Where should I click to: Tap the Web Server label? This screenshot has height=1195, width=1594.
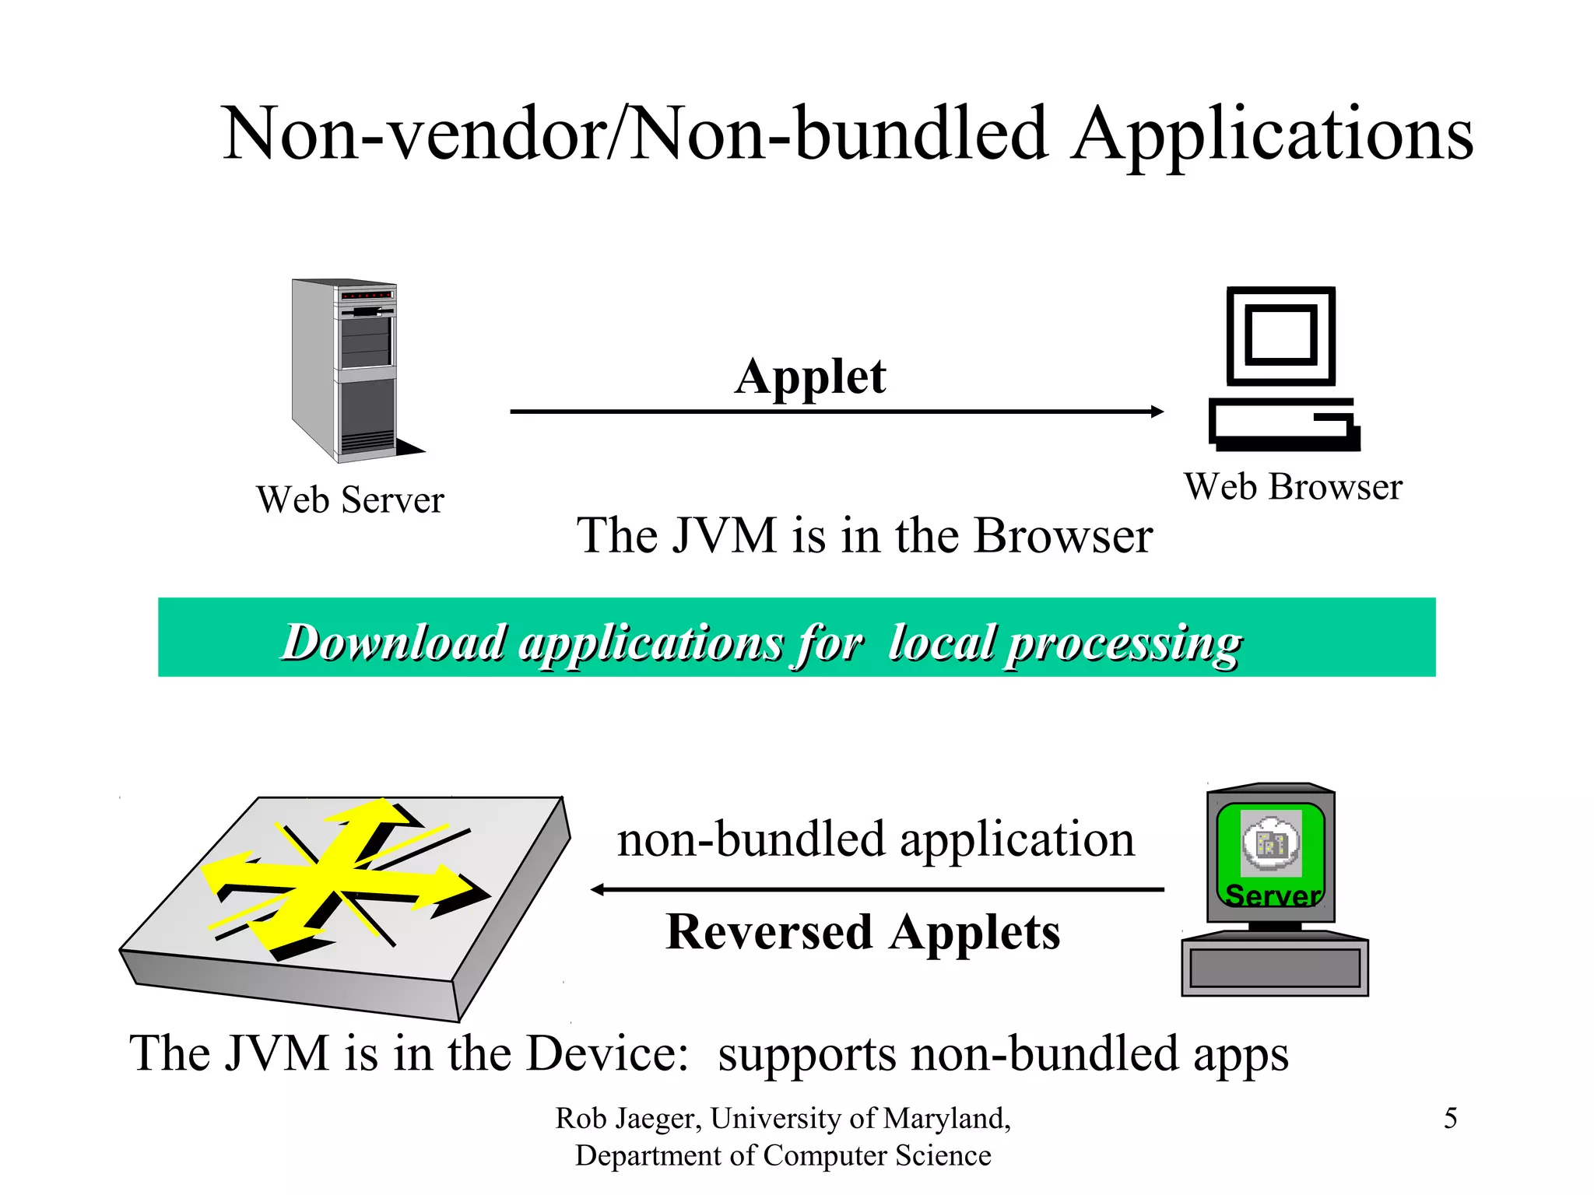[x=349, y=499]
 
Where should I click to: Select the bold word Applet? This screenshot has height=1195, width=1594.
[x=809, y=378]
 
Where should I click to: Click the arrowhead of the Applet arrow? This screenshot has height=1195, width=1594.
[x=1157, y=412]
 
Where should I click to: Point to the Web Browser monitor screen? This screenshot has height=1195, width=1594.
[x=1280, y=336]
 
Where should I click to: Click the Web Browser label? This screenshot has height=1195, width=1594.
[x=1293, y=487]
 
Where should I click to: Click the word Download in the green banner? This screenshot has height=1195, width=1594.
[x=393, y=643]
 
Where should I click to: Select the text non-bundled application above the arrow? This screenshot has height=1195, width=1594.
[x=876, y=840]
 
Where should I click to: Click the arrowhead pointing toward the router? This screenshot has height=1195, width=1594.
[x=598, y=889]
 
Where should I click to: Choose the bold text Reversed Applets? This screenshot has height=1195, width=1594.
[x=862, y=933]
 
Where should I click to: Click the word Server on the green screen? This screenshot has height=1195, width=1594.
[x=1273, y=895]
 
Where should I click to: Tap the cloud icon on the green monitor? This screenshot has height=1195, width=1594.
[x=1271, y=843]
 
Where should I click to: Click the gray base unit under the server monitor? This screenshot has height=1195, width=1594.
[x=1274, y=968]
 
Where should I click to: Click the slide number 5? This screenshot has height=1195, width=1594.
[x=1450, y=1119]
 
